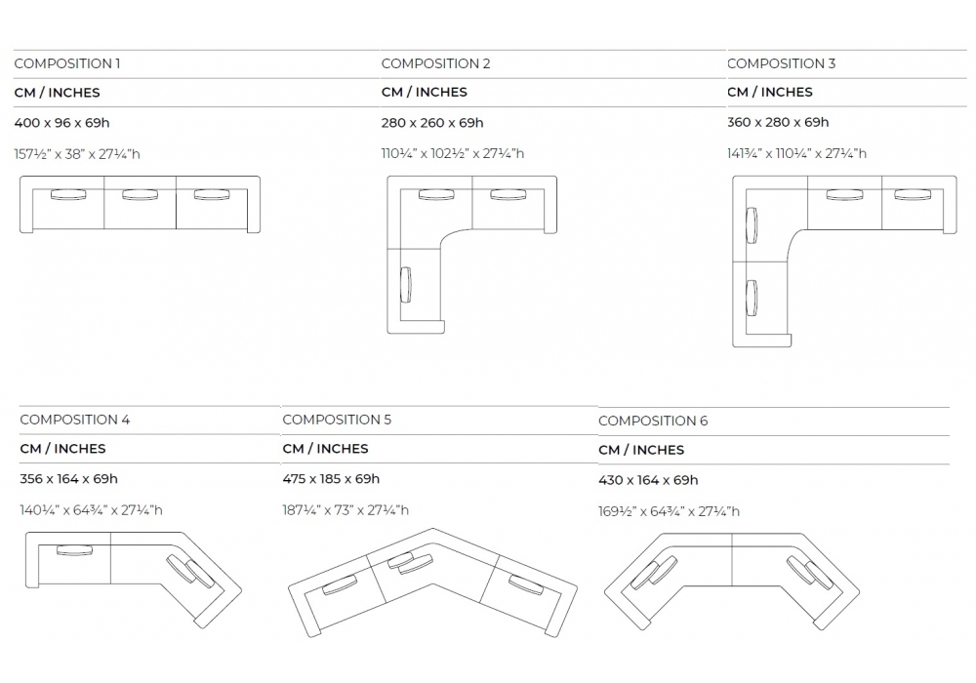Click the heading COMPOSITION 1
tap(67, 63)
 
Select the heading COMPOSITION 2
tap(435, 63)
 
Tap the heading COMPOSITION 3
tap(781, 63)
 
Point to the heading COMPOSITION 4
tap(74, 420)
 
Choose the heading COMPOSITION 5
tap(337, 420)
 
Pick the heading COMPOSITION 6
tap(653, 421)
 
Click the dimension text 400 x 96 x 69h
tap(61, 123)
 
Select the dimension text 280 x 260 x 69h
tap(432, 123)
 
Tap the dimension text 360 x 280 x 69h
tap(778, 122)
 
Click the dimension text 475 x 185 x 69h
tap(331, 478)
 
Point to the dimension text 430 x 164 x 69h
tap(648, 480)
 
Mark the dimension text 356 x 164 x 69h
tap(68, 478)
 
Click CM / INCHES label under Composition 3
tap(769, 92)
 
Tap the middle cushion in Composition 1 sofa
tap(140, 195)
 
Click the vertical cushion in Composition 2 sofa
tap(405, 284)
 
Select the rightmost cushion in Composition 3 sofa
tap(913, 194)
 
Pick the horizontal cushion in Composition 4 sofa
tap(74, 550)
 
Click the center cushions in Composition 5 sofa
tap(408, 563)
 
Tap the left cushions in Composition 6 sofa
tap(653, 574)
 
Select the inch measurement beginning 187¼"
tap(346, 509)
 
